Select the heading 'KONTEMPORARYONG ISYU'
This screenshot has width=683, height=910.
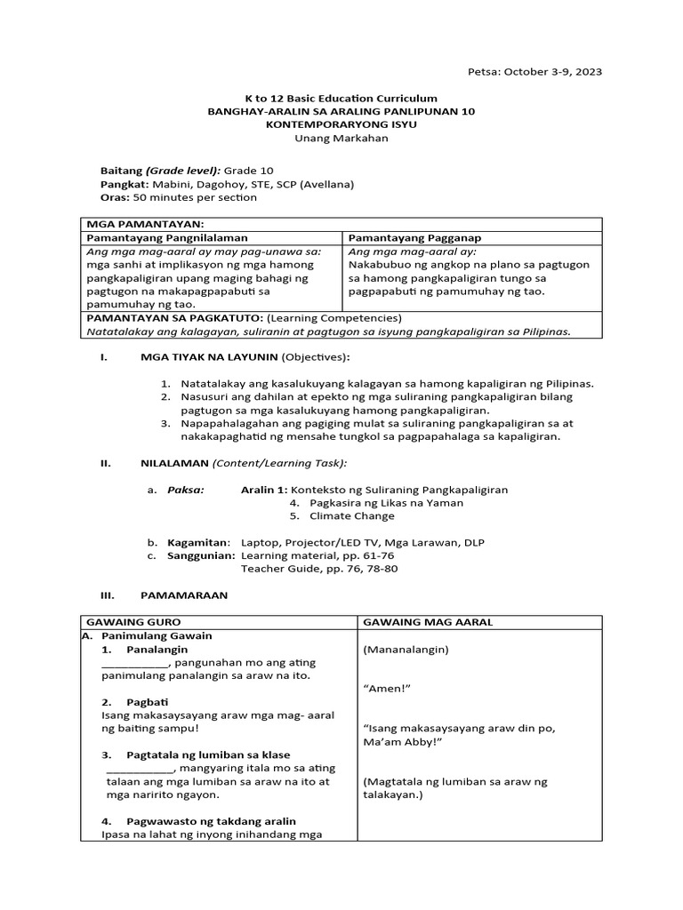tap(341, 125)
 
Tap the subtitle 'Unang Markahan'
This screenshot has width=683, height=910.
tap(341, 139)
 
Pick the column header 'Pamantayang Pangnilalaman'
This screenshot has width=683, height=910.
tap(166, 238)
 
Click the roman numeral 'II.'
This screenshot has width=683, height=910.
tap(105, 463)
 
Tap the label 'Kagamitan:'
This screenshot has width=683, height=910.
tap(199, 542)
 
